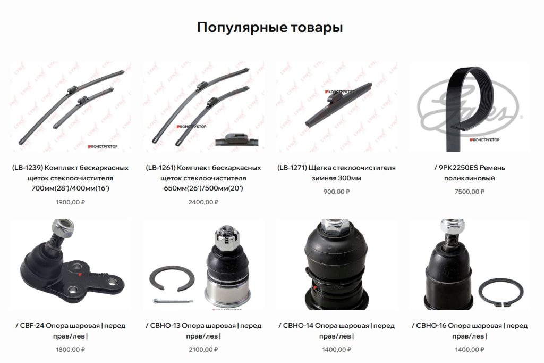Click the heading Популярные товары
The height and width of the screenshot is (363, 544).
[270, 28]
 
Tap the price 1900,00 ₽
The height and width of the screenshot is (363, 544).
[71, 202]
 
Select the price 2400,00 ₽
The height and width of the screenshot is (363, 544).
[203, 202]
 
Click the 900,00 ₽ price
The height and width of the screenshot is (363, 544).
[336, 192]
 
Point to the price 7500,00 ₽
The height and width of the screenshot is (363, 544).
[470, 192]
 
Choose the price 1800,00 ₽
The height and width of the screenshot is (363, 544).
[71, 350]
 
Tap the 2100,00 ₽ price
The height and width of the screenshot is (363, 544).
[203, 350]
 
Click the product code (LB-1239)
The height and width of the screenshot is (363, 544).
[28, 168]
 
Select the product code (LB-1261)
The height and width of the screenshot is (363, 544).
[160, 168]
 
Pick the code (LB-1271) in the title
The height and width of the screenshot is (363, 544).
[292, 168]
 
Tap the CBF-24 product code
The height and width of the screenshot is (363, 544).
[32, 326]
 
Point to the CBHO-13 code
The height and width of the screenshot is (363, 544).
[165, 326]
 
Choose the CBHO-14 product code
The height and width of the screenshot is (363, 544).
[298, 326]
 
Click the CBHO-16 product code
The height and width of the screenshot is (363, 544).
[431, 326]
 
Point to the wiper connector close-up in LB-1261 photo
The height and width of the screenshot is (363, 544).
[237, 140]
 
